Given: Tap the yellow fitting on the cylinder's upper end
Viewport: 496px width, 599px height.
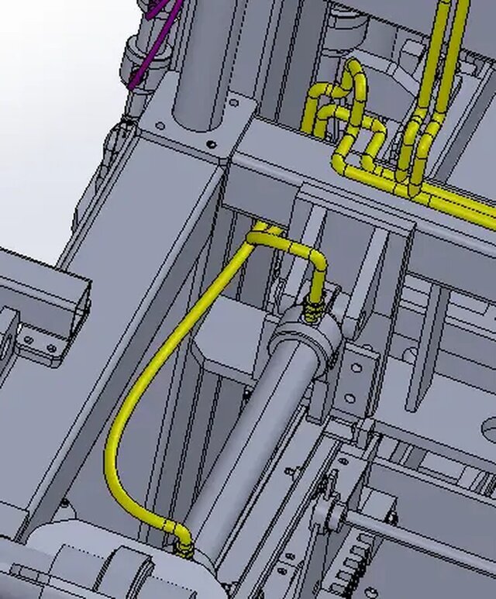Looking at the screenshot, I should point(313,310).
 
